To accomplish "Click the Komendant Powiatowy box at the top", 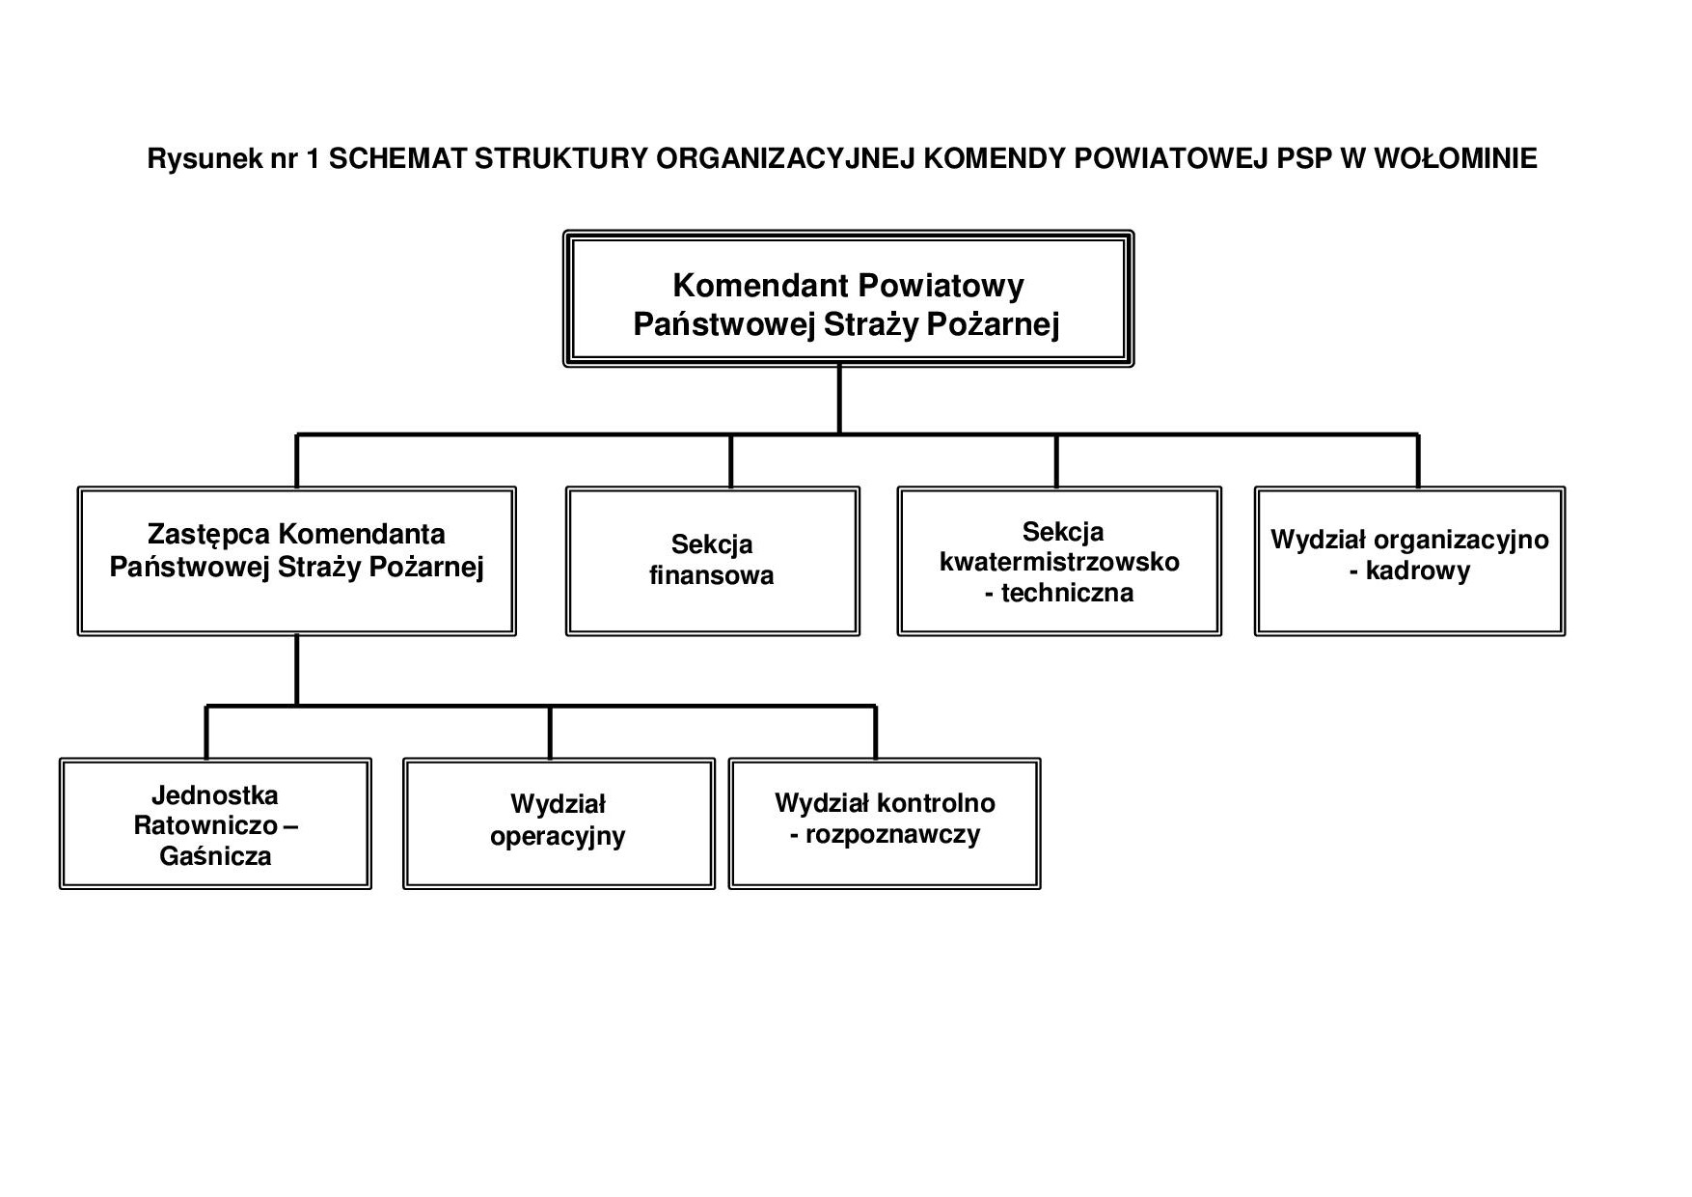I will coord(847,299).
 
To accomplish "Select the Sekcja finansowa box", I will coord(712,561).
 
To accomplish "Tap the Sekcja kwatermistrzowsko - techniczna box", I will coord(1058,561).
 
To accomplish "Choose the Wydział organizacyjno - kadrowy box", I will coord(1409,561).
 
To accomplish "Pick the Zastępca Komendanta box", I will coord(296,561).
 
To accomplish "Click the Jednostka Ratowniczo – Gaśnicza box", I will coord(215,823).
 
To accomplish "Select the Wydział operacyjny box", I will coord(559,823).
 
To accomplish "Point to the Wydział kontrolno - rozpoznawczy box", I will coord(884,823).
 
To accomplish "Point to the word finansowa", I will coord(712,576).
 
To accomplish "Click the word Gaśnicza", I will coord(215,856).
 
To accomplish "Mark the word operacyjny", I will coord(558,836).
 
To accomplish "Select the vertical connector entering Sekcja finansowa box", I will coord(730,461).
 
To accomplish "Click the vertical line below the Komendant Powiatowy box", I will coord(839,400).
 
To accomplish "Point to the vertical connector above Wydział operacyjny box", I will coord(550,733).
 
